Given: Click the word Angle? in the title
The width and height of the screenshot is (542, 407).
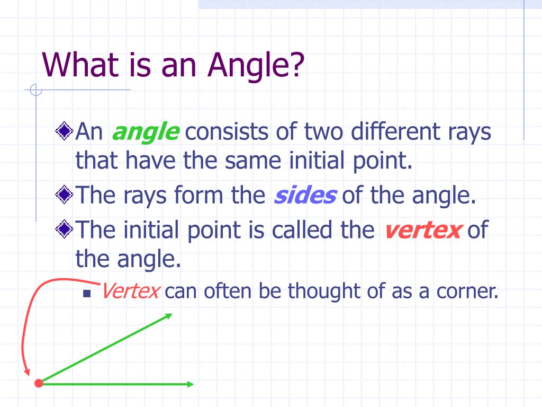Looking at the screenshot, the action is coord(256,65).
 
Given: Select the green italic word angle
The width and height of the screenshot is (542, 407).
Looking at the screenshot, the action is coord(146,132).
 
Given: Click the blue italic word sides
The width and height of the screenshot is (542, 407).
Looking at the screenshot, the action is coord(305,195).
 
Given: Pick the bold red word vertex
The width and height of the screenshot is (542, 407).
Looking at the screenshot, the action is coord(423,230).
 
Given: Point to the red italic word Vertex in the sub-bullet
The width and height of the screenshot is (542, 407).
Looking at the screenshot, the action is coord(130,291).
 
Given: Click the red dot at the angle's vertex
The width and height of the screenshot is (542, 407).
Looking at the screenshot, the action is coord(39,383).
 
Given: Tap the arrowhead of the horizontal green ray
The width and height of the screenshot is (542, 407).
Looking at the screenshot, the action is coord(190,384).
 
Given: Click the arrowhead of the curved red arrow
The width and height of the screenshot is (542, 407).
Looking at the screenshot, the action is coord(26,373).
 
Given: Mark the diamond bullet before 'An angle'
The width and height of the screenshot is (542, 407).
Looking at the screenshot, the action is coord(64,131).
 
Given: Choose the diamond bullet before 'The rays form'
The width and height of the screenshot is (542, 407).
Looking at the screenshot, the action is coord(64,194).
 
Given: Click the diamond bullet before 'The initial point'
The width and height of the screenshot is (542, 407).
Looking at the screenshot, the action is coord(64,229).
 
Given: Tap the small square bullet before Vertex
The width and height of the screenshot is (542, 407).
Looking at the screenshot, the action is coord(87,294).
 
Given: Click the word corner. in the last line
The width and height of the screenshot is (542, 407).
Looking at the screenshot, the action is coord(468,291).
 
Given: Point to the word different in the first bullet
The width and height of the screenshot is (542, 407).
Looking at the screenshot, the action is coord(395,131).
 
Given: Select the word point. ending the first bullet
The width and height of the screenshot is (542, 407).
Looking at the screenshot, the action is coord(383,162).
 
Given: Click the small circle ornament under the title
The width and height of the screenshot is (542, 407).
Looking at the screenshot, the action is coord(36,90).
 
